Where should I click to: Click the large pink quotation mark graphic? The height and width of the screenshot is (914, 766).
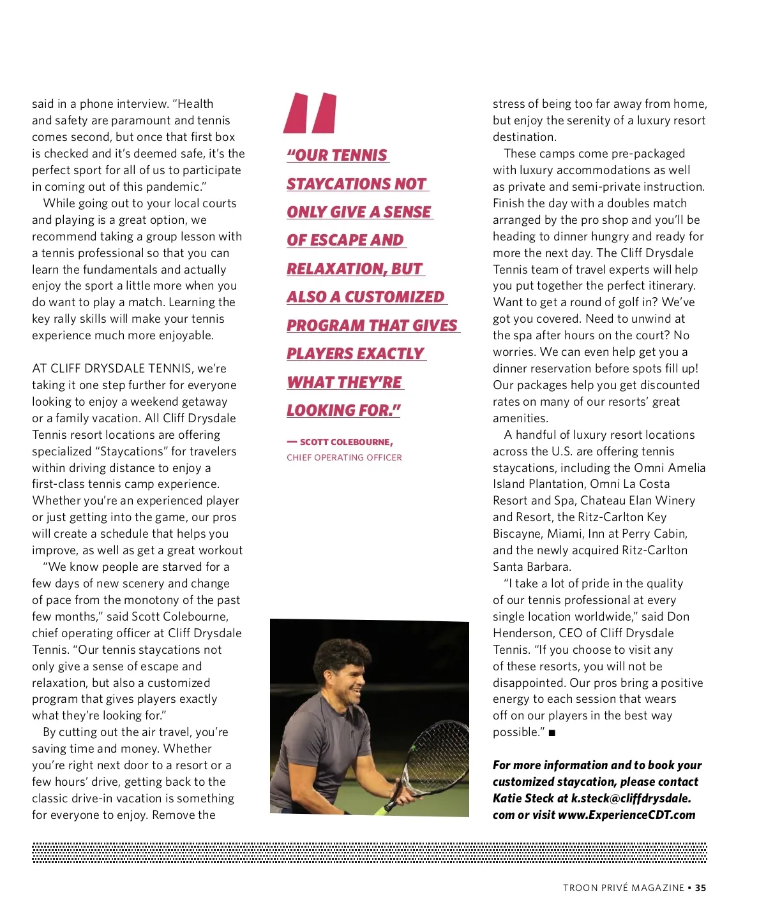[x=310, y=113]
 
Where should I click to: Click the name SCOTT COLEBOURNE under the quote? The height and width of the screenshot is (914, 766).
[x=345, y=442]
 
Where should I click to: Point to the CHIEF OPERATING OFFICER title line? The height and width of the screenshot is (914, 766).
[x=344, y=457]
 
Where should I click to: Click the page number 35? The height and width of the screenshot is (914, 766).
[x=701, y=888]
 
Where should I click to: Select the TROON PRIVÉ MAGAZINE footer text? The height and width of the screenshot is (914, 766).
[x=623, y=888]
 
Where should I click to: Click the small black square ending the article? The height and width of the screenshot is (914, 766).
[x=552, y=733]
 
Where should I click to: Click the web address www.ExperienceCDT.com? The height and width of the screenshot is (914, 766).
[x=626, y=815]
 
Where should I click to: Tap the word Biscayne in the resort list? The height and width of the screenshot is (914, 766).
[x=516, y=534]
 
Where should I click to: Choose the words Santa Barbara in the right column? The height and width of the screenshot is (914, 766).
[x=532, y=567]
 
